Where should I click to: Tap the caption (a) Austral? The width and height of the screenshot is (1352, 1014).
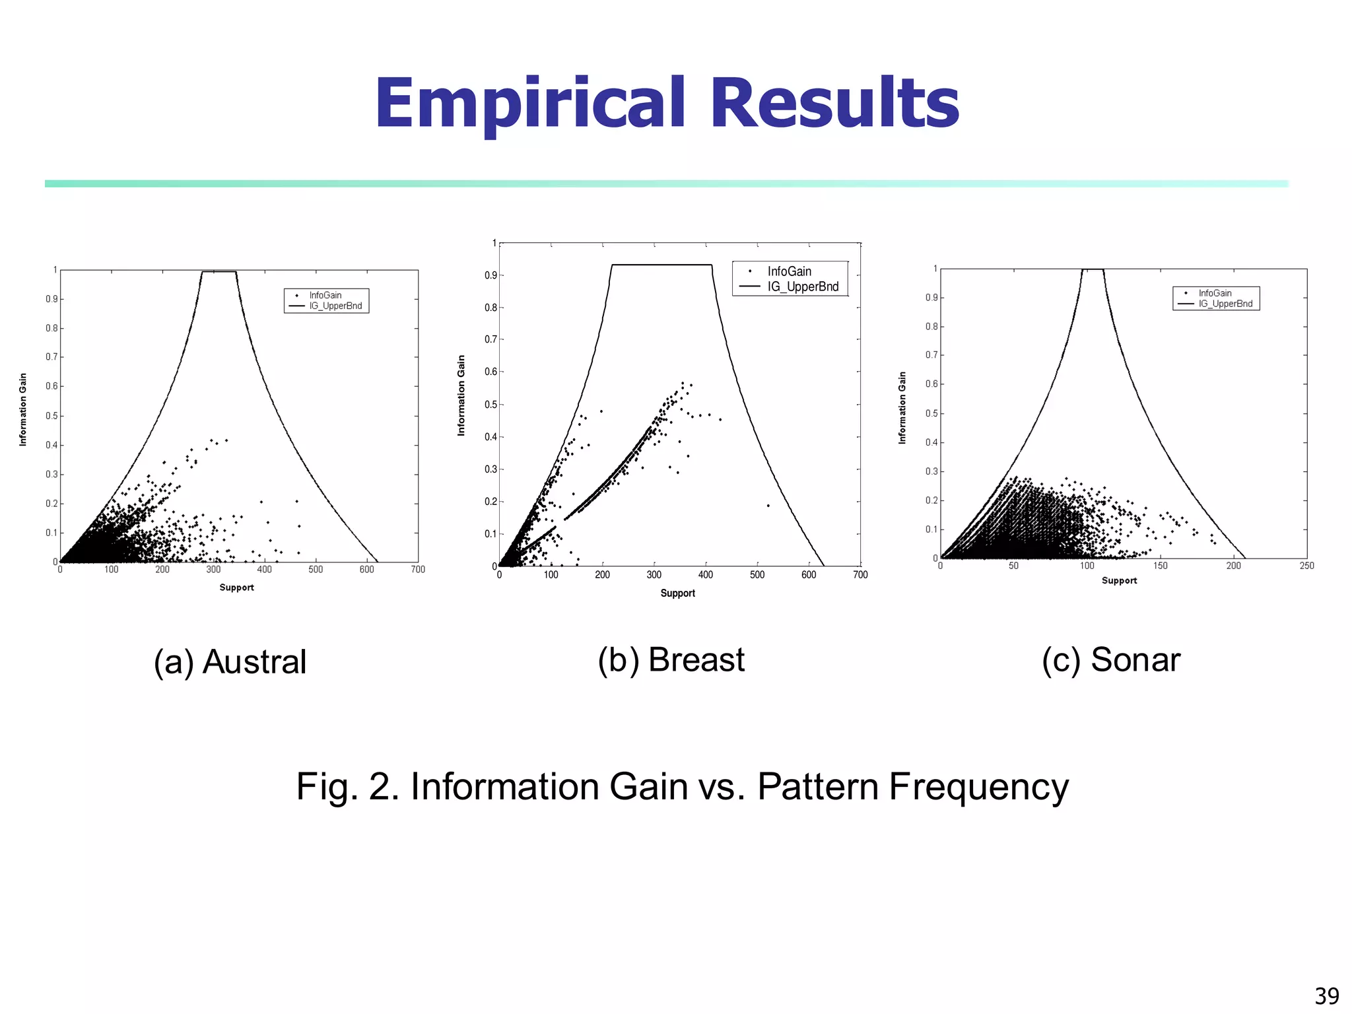coord(230,661)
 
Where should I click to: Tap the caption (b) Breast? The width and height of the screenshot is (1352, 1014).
coord(671,659)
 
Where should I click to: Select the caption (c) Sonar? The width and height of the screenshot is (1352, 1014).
coord(1111,659)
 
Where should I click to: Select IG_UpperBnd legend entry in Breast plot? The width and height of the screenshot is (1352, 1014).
coord(802,287)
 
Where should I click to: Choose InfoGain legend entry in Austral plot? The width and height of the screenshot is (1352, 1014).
coord(325,295)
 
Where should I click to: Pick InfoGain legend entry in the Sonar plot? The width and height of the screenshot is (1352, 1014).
coord(1215,293)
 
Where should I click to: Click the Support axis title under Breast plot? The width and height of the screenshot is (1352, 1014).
coord(677,593)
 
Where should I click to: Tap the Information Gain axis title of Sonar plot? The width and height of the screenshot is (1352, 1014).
coord(902,407)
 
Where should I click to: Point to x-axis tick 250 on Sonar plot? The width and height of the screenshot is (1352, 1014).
coord(1306,566)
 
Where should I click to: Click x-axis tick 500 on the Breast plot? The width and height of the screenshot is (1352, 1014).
coord(757,575)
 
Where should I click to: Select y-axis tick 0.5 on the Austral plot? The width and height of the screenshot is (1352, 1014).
coord(51,416)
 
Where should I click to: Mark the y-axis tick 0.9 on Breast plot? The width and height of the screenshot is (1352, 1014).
coord(490,275)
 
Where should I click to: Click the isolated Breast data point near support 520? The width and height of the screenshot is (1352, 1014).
coord(768,506)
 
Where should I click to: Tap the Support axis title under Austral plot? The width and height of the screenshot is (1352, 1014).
coord(236,588)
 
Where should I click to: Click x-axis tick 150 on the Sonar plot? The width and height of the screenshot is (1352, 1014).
coord(1160,566)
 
